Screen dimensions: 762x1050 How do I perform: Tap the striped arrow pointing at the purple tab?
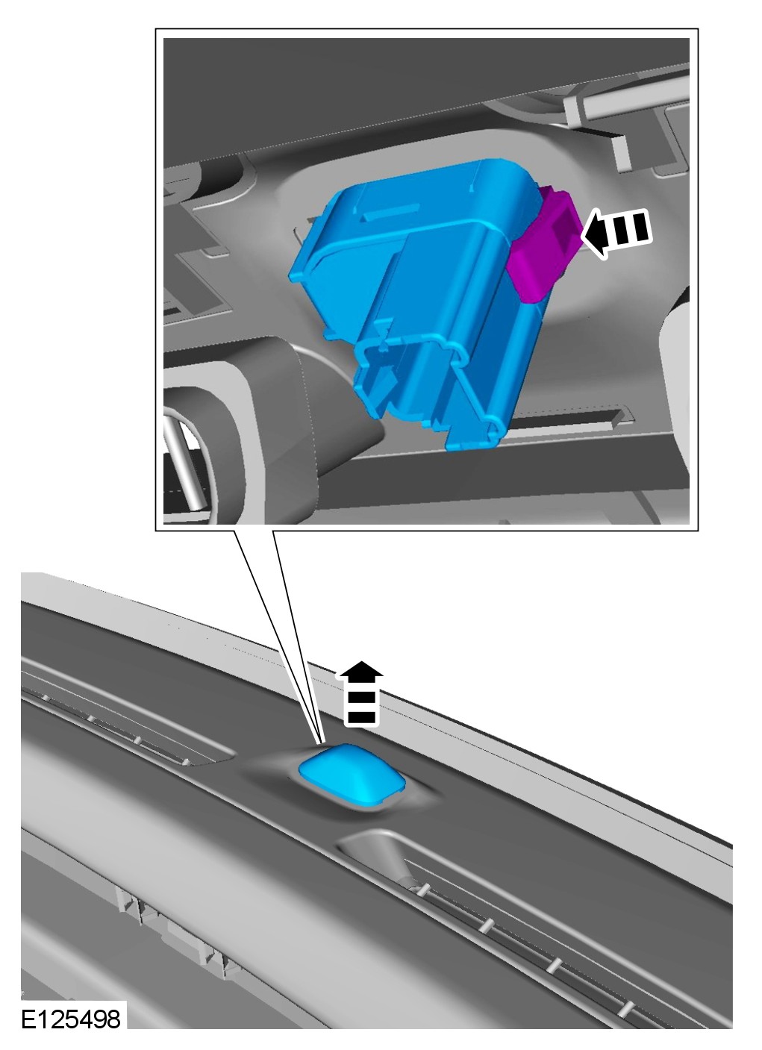(x=616, y=233)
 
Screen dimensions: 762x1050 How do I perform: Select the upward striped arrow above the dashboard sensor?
(x=361, y=694)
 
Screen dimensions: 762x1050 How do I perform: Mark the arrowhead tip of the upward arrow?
(x=361, y=661)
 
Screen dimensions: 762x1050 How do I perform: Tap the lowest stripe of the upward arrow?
(x=360, y=717)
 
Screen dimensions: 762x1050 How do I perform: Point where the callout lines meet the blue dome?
(x=322, y=744)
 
